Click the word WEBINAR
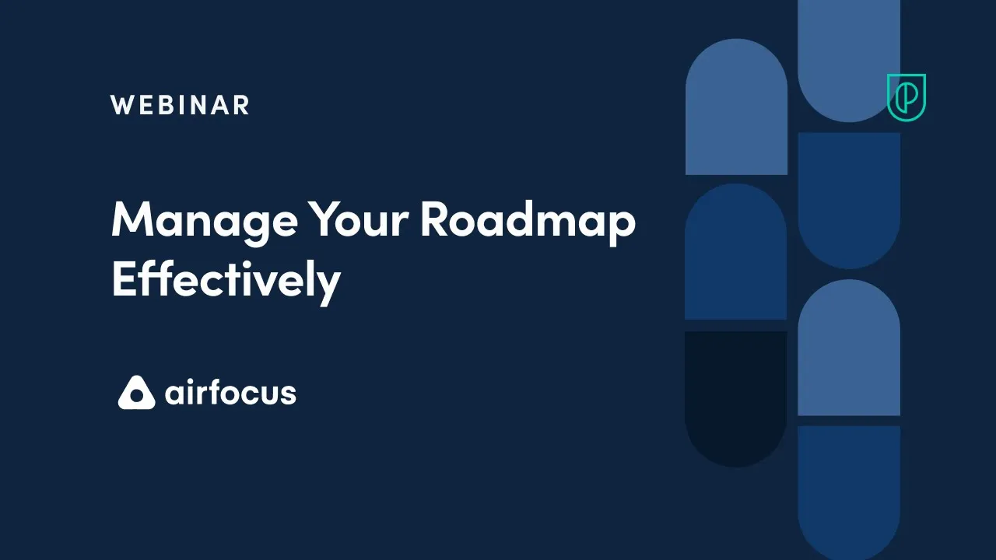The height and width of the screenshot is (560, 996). tap(180, 105)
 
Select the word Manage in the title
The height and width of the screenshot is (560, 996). tap(204, 221)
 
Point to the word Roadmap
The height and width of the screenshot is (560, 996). tap(528, 221)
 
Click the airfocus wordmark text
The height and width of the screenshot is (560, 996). tap(230, 392)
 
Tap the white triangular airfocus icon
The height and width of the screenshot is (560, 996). tap(136, 393)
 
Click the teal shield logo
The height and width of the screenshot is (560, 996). tap(907, 97)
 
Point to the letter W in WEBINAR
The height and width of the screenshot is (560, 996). tap(121, 105)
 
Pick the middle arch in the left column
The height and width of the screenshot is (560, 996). tap(736, 252)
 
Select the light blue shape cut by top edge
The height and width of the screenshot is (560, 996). tap(849, 58)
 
